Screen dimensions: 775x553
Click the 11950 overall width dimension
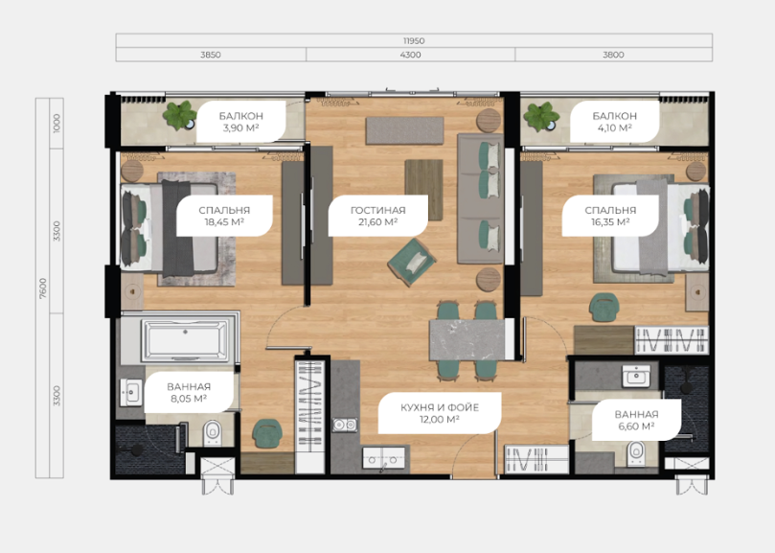pos(414,40)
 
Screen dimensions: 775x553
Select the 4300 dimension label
pos(410,55)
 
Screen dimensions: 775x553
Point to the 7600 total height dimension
pos(43,288)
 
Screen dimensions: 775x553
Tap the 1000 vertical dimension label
pos(57,124)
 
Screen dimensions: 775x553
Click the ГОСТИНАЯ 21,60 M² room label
pos(378,217)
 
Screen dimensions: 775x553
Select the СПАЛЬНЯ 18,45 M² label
pos(224,217)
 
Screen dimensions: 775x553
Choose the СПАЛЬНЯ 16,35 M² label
pos(610,217)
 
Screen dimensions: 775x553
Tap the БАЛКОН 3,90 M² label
pos(241,122)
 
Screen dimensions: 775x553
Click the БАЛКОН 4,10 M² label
pos(615,122)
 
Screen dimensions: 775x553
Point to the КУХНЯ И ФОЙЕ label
pos(440,407)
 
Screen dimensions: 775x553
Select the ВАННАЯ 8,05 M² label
pos(189,393)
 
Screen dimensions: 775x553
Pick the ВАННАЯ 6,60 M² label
pos(637,421)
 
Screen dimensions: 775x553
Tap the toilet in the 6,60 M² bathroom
pos(635,452)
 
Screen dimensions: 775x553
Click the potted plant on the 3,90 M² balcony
pos(180,115)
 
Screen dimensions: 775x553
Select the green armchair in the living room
pos(412,262)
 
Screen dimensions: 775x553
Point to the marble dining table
pos(467,340)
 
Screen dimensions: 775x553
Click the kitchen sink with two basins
pos(345,425)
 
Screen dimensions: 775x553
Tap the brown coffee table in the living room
pos(424,190)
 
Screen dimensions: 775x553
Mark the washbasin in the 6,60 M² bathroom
pos(636,376)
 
